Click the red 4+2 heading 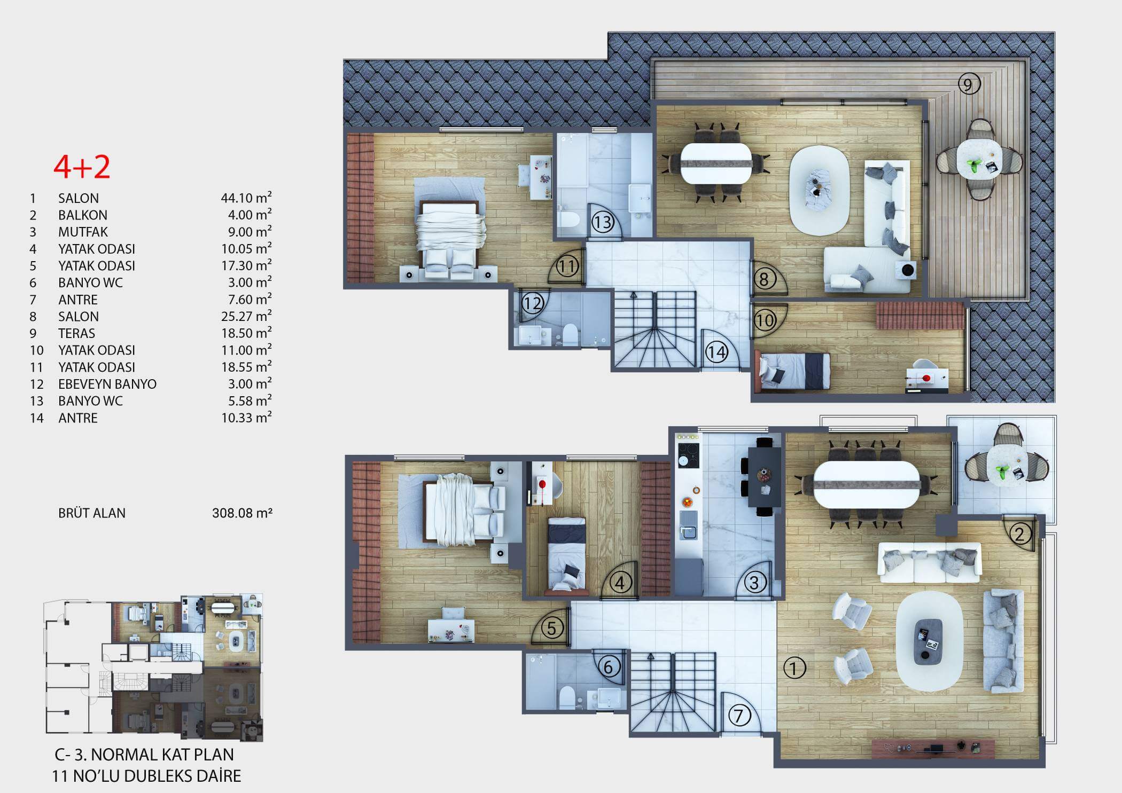pos(82,167)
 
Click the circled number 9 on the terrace pos(969,84)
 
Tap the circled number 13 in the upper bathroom pos(602,222)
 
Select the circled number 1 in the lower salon pos(794,668)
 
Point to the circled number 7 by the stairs pos(739,716)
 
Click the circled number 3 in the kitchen pos(754,582)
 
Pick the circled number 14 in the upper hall pos(716,352)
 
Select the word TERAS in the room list pos(76,333)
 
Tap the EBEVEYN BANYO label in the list pos(107,384)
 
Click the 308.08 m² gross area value pos(242,513)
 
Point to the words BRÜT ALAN pos(92,513)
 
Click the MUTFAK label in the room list pos(83,232)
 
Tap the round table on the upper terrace pos(979,159)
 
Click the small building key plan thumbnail pos(153,667)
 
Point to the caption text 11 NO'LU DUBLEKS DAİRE pos(146,776)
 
